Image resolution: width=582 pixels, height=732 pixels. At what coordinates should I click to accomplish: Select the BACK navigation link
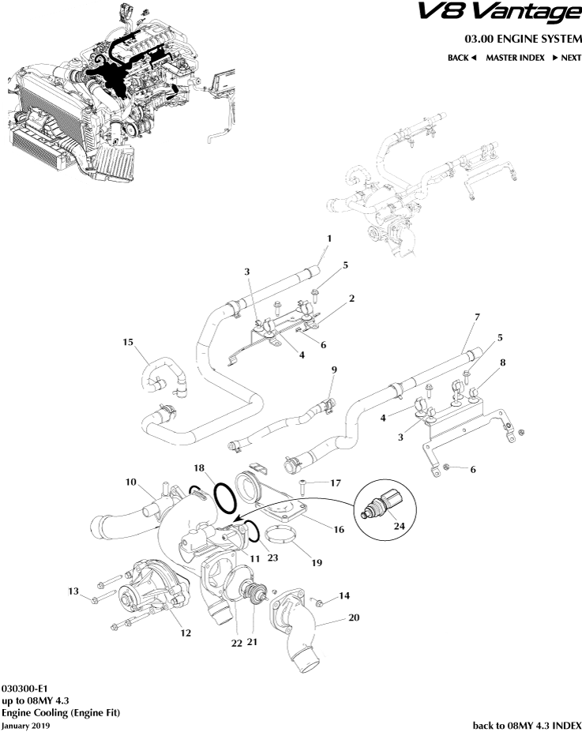coord(462,58)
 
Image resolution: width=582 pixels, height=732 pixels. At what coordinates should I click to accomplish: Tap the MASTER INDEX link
coord(514,58)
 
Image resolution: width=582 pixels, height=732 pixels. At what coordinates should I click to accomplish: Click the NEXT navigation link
coord(566,58)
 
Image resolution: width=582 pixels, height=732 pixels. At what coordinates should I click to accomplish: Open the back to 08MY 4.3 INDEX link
coord(527,724)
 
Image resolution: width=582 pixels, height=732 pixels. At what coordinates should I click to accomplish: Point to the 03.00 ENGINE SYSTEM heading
coord(523,39)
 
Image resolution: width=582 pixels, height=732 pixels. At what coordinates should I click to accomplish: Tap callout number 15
coord(128,343)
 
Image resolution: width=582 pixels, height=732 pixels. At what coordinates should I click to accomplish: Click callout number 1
coord(329,238)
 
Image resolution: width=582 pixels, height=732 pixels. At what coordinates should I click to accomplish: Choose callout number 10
coord(131,482)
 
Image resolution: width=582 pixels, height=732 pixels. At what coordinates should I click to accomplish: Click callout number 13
coord(73,591)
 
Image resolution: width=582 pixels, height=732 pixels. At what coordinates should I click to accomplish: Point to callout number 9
coord(334,370)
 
